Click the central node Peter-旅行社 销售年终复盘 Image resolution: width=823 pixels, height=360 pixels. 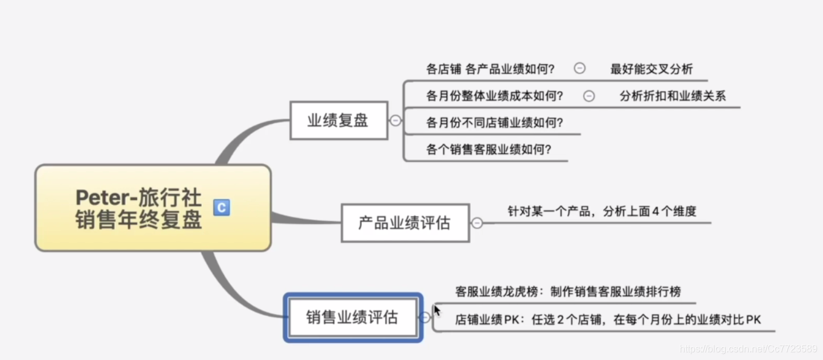(x=139, y=208)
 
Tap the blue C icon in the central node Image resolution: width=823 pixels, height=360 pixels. (x=221, y=208)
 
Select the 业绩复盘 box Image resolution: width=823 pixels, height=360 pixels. (x=338, y=120)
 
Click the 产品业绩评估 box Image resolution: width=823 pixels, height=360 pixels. (x=405, y=223)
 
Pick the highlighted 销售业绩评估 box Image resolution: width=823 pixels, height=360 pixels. (x=352, y=317)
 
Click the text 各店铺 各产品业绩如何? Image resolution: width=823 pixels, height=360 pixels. (x=490, y=69)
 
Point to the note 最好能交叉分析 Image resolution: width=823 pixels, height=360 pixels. (x=651, y=69)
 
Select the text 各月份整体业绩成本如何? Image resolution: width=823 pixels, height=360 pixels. (x=495, y=95)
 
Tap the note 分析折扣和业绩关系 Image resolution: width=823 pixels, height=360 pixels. (x=673, y=95)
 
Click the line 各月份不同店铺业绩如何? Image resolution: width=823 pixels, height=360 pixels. (x=495, y=123)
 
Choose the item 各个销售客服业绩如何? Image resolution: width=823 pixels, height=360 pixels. (x=489, y=149)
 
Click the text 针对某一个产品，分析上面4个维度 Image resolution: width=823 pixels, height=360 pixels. (x=602, y=211)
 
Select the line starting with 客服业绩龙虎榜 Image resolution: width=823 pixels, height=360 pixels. (x=568, y=292)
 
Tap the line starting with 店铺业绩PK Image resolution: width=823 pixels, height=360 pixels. (x=608, y=320)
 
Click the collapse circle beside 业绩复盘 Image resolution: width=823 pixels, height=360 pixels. (x=395, y=120)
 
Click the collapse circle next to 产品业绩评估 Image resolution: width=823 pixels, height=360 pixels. (x=477, y=223)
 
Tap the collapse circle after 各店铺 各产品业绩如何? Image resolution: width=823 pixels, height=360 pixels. (x=579, y=68)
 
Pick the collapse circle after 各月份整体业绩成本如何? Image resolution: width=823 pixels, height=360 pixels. (x=589, y=95)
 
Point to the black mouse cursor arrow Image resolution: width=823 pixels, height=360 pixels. (x=437, y=310)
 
